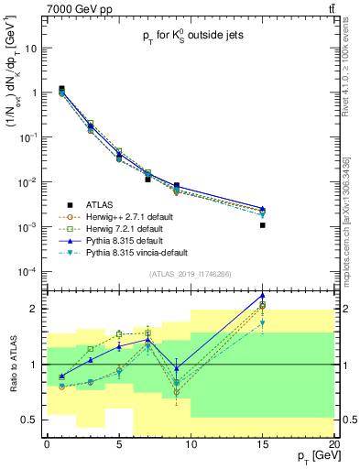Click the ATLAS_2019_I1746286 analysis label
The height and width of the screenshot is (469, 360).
pyautogui.click(x=189, y=274)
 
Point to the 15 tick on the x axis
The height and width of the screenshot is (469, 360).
pyautogui.click(x=262, y=443)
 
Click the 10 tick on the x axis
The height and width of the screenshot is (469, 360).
pyautogui.click(x=191, y=443)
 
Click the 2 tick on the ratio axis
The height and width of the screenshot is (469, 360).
pyautogui.click(x=35, y=309)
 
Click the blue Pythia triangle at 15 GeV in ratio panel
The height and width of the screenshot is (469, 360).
pyautogui.click(x=263, y=296)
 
